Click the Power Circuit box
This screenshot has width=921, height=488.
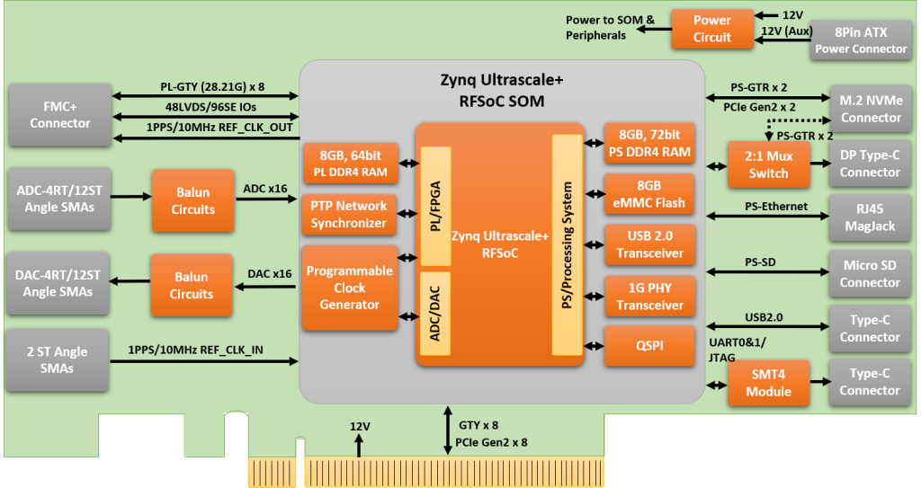(x=711, y=29)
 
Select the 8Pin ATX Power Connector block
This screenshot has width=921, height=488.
(x=861, y=40)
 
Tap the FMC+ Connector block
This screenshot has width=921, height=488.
(x=59, y=114)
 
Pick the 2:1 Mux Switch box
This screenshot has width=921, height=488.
(x=767, y=164)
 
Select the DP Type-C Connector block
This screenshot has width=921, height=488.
(x=870, y=163)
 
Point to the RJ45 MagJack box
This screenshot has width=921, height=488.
(x=870, y=217)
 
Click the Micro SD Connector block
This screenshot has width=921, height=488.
(x=870, y=274)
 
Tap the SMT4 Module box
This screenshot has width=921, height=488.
(x=767, y=382)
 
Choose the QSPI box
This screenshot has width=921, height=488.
(x=648, y=346)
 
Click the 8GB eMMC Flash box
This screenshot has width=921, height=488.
(x=648, y=193)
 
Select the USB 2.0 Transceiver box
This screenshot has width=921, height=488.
(x=648, y=244)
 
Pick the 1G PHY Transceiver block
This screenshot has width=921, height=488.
(x=648, y=296)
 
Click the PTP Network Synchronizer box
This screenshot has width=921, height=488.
(x=349, y=215)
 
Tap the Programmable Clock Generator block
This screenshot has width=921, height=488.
(x=349, y=288)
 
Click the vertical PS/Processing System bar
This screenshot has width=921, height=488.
(x=567, y=245)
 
